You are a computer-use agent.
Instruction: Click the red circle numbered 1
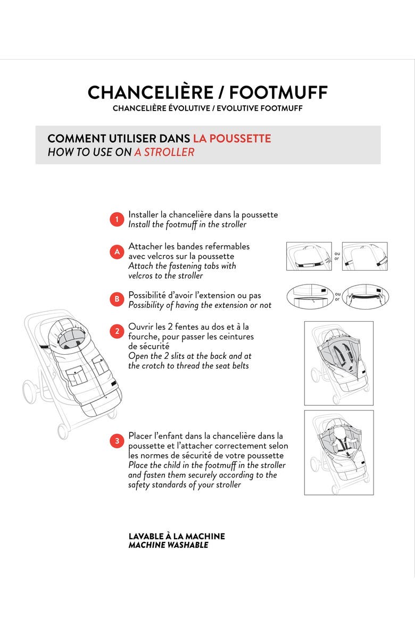[117, 220]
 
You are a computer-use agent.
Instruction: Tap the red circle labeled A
[117, 252]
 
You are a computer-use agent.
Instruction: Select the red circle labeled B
[117, 299]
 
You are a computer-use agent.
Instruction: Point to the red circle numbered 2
[117, 331]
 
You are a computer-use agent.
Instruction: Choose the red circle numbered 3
[117, 441]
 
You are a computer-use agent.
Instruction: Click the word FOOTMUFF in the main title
[278, 93]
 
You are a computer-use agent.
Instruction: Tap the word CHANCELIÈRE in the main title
[151, 92]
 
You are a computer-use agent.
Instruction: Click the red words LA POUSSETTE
[231, 138]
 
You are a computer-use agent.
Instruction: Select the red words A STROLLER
[164, 152]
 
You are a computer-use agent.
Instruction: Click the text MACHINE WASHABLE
[168, 545]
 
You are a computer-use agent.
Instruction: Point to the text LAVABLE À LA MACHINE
[177, 536]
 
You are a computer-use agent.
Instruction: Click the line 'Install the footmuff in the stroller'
[187, 225]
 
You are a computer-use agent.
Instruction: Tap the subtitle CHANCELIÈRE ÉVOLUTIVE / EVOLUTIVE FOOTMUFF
[207, 108]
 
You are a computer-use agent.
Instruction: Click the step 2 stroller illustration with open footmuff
[339, 363]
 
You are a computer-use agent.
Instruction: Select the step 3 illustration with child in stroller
[339, 452]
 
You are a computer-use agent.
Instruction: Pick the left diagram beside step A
[309, 256]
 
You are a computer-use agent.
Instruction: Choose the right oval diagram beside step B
[366, 297]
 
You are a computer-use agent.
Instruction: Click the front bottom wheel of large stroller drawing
[63, 432]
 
